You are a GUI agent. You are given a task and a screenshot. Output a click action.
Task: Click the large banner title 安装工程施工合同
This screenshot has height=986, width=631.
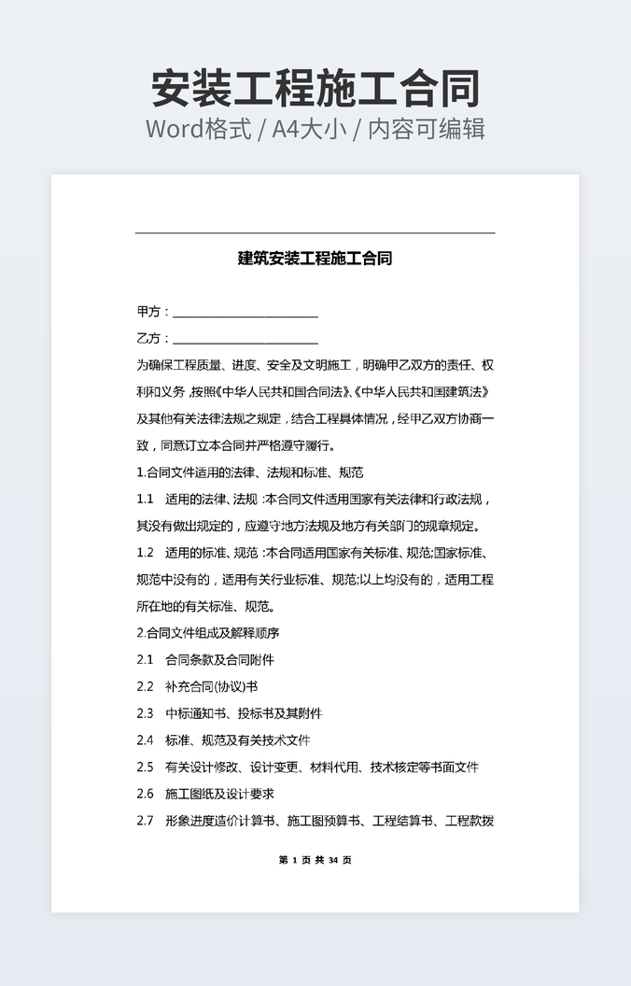[x=315, y=89]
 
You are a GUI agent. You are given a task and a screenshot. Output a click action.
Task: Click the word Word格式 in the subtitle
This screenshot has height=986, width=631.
[x=199, y=129]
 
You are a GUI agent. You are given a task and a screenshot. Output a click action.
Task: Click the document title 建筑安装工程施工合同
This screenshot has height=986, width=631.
[x=315, y=259]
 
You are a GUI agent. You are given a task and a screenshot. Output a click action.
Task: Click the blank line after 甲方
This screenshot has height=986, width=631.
[x=245, y=313]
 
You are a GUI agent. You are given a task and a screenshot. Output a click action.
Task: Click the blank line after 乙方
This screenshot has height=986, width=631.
[x=245, y=339]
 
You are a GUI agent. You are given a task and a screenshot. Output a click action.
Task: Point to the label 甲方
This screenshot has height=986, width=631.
[x=149, y=312]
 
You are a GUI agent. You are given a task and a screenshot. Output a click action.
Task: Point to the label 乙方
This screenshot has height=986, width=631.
[x=149, y=338]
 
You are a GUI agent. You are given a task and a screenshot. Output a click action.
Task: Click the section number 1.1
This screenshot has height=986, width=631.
[x=145, y=500]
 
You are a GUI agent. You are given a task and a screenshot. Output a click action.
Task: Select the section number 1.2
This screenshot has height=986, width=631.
[x=145, y=553]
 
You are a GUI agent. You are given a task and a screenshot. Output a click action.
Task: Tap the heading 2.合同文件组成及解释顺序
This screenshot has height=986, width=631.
[x=208, y=633]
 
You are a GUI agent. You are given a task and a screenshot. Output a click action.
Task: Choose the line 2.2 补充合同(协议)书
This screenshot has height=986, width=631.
[x=196, y=687]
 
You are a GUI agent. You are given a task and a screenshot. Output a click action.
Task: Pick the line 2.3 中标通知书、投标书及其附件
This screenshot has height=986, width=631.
[x=229, y=714]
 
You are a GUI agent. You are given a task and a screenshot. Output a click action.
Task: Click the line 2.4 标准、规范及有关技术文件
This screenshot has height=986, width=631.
[x=223, y=740]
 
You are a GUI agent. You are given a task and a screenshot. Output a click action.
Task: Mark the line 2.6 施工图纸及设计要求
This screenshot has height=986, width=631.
[x=205, y=795]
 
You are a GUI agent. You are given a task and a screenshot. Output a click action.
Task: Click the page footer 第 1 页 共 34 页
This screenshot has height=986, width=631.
[x=315, y=860]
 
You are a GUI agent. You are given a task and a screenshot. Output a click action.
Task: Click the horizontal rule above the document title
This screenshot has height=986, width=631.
[x=315, y=232]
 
